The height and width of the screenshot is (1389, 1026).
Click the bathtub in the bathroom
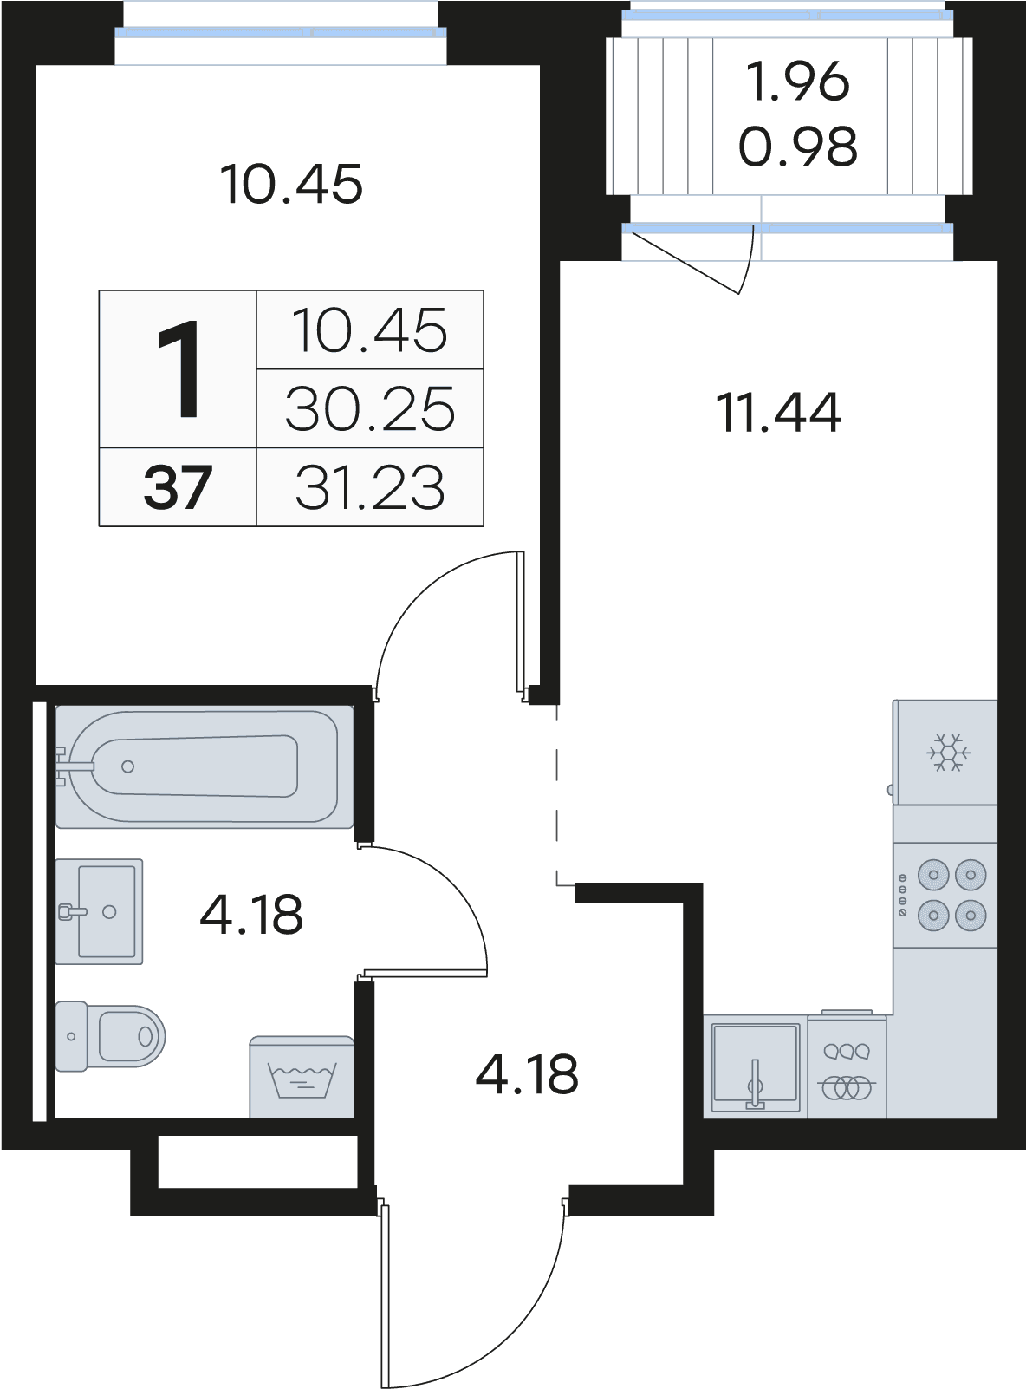(205, 766)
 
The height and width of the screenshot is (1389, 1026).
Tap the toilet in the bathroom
(110, 1036)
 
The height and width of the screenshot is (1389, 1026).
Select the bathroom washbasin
(99, 911)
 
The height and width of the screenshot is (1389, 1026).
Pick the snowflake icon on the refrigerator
(948, 752)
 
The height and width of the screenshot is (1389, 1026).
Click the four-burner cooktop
(945, 895)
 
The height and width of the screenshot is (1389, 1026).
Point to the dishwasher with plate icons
(847, 1065)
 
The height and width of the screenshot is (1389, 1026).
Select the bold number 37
(178, 487)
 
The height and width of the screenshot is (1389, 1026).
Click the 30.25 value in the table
(370, 408)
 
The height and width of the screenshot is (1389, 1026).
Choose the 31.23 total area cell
(370, 487)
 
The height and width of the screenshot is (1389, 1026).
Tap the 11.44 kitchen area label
(778, 413)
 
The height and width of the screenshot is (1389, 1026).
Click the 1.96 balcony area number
(798, 82)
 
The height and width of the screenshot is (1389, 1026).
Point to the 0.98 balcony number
(798, 146)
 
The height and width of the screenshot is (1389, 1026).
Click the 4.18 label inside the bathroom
(251, 915)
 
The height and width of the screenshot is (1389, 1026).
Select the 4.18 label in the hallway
(527, 1074)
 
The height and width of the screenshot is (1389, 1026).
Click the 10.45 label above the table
(292, 184)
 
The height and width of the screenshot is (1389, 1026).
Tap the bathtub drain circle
(127, 766)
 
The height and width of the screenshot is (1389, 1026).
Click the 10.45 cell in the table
(370, 330)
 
